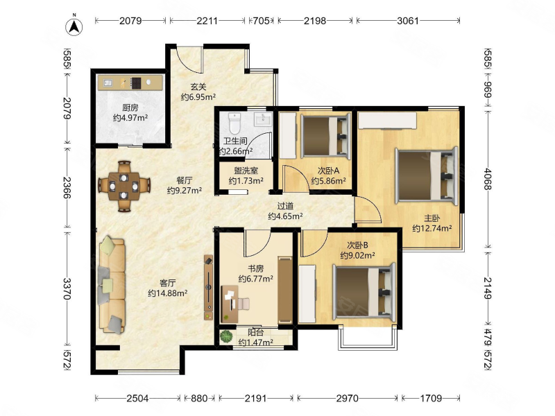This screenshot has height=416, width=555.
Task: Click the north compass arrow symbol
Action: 74,26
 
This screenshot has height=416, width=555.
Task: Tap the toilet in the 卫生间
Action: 234,122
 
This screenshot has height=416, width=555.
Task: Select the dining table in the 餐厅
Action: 123,186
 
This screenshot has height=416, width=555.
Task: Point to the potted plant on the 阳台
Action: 226,336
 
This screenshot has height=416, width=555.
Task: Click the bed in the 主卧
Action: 426,175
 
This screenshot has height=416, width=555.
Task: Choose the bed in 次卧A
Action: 324,136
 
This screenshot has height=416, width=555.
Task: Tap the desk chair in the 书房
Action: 243,304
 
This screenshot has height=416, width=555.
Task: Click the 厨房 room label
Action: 130,107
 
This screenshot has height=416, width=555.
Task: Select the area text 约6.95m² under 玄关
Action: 198,97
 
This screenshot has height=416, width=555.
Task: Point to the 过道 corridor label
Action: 285,206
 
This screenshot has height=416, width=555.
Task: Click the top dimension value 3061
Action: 408,21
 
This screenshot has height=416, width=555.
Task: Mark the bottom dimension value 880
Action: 199,399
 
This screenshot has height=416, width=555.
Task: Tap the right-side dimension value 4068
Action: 488,179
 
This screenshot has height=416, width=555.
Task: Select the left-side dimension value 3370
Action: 67,288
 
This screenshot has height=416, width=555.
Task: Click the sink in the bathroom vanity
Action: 262,119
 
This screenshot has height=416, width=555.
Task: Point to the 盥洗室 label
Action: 246,171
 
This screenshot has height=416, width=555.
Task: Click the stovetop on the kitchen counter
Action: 135,83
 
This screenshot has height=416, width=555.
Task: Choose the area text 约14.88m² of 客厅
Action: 167,293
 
